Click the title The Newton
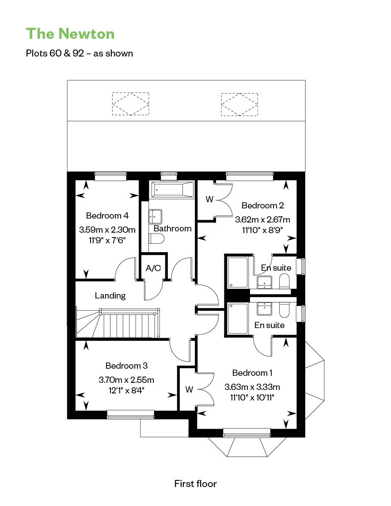(x=70, y=34)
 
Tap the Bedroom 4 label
(x=107, y=215)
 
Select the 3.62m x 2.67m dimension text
(x=262, y=220)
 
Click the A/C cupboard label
(x=153, y=268)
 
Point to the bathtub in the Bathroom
(x=172, y=189)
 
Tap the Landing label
(x=110, y=296)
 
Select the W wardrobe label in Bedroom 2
(x=209, y=200)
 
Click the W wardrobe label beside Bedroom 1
(x=189, y=390)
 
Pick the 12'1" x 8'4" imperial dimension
(x=126, y=390)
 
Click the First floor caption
(x=195, y=484)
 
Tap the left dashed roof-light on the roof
(x=130, y=104)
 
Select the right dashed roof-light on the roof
(x=239, y=104)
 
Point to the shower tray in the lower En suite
(x=238, y=319)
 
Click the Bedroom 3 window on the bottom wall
(x=130, y=415)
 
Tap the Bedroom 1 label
(x=252, y=373)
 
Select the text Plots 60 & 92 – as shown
(x=80, y=53)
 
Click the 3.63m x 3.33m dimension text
(x=252, y=387)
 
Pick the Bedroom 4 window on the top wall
(x=110, y=176)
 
